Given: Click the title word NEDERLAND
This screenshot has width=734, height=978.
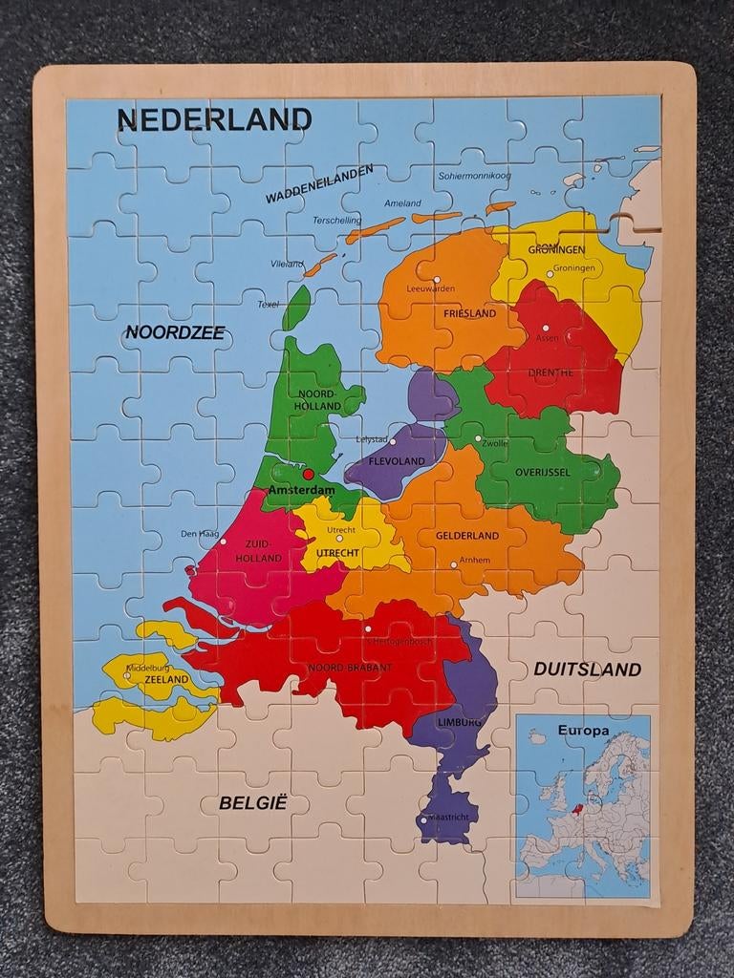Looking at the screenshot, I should (214, 119).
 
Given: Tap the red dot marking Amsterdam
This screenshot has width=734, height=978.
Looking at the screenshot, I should (308, 474).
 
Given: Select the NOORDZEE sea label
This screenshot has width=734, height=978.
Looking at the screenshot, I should (174, 332).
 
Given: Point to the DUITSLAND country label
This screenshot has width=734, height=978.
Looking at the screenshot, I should (587, 670).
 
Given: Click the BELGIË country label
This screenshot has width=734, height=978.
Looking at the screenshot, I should (253, 802).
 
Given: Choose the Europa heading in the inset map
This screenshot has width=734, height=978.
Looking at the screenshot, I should (583, 731).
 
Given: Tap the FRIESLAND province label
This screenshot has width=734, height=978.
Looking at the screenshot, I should (469, 313).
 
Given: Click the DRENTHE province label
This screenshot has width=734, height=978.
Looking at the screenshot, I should (550, 372).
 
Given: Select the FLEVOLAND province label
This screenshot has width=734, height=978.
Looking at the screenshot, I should (396, 460).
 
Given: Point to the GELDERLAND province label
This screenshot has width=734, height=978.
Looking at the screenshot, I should (467, 536).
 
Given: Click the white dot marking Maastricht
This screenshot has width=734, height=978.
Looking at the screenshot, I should (422, 819).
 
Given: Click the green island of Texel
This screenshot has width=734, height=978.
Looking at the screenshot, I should (296, 308).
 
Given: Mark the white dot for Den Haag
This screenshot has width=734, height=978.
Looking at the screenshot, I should (223, 542).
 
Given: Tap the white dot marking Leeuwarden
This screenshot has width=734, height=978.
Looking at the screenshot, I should (436, 280).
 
